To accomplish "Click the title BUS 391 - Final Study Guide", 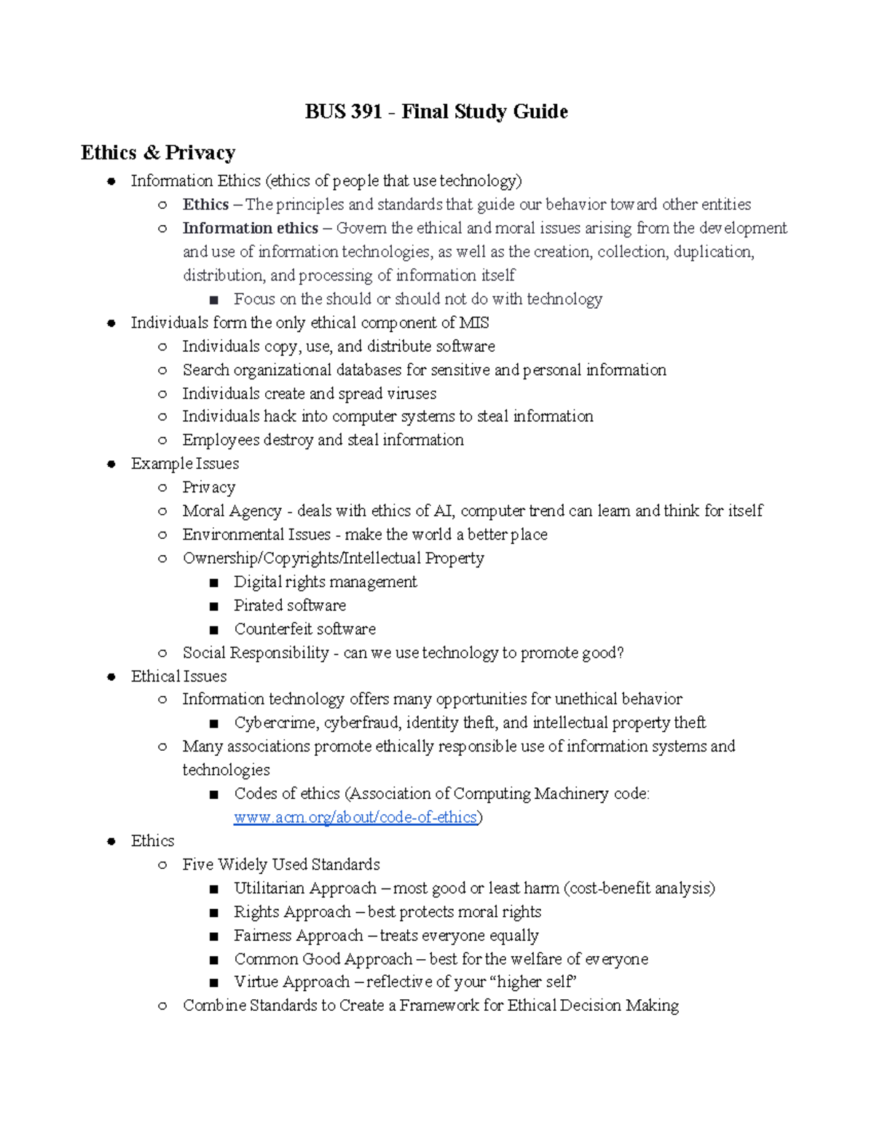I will [x=436, y=111].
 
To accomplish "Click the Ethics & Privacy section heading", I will [x=158, y=152].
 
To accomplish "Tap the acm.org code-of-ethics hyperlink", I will [x=355, y=817].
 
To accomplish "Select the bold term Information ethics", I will [x=250, y=228].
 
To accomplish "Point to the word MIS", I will [x=474, y=323].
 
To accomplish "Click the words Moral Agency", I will [x=232, y=511].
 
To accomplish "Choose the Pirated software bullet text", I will [x=289, y=605].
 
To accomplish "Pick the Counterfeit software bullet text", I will [x=304, y=628].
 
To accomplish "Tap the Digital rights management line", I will [x=325, y=582].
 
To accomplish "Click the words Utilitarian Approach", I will [x=304, y=888].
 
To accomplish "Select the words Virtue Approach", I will [x=291, y=982].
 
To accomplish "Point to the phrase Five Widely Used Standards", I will [x=281, y=864].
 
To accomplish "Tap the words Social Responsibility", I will [x=256, y=653].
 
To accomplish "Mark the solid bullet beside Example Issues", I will [x=111, y=464].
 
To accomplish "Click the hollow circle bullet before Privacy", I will [x=162, y=488].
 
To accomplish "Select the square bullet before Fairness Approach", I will [x=213, y=936].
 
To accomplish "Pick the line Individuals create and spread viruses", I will [x=309, y=393].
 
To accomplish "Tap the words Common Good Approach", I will [x=323, y=958].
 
